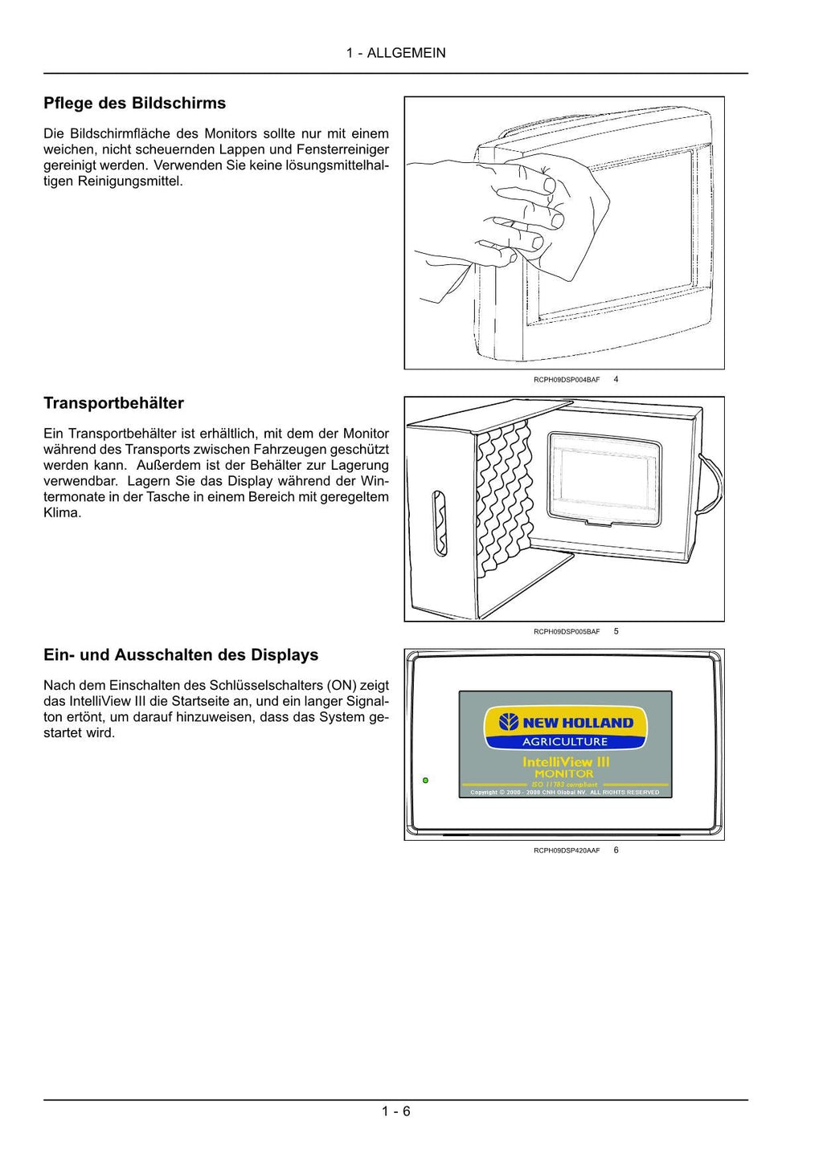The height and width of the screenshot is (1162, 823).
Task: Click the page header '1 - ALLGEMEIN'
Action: tap(395, 53)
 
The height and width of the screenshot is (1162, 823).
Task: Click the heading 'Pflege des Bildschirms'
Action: tap(134, 104)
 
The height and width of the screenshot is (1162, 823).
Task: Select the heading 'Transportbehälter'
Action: tap(113, 403)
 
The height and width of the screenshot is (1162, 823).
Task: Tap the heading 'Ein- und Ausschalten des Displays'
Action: tap(181, 655)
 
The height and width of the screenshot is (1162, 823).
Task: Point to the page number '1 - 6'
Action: tap(395, 1111)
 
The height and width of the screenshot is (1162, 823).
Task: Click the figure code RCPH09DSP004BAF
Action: tap(566, 380)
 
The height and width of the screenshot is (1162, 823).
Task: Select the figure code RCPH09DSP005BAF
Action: tap(566, 632)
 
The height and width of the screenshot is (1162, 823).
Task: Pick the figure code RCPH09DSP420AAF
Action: tap(566, 850)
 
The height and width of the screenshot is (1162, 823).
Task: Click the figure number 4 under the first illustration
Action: tap(616, 379)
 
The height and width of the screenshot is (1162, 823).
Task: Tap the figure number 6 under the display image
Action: tap(616, 850)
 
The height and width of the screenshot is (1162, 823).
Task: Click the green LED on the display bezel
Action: tap(425, 780)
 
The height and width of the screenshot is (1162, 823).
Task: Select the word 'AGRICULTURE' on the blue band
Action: tap(565, 742)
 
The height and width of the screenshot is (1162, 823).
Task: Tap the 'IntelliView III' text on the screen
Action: tap(566, 761)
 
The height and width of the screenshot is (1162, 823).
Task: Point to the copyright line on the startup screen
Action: tap(565, 793)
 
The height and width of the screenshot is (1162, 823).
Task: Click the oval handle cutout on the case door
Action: tap(440, 524)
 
